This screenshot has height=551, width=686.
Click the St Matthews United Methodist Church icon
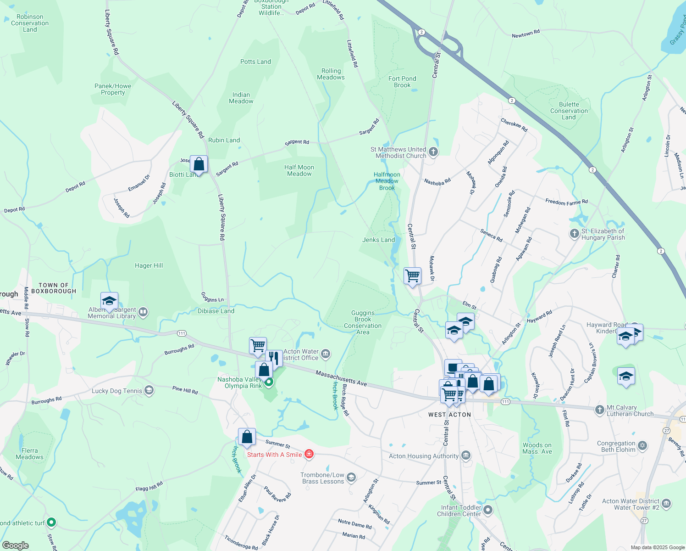pyautogui.click(x=433, y=152)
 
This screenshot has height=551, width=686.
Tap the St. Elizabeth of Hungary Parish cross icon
pyautogui.click(x=574, y=234)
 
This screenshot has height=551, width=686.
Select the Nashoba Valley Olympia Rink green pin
pyautogui.click(x=269, y=382)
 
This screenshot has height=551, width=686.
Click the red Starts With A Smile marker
pyautogui.click(x=309, y=454)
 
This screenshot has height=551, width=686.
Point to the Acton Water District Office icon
pyautogui.click(x=326, y=354)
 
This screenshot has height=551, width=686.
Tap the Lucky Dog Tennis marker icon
pyautogui.click(x=149, y=390)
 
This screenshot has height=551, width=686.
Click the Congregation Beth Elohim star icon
pyautogui.click(x=642, y=445)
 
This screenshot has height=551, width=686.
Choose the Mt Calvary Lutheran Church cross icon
pyautogui.click(x=599, y=410)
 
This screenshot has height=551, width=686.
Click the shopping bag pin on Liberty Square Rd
pyautogui.click(x=199, y=164)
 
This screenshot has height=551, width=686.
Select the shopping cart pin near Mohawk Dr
pyautogui.click(x=412, y=276)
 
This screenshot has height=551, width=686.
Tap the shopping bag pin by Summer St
pyautogui.click(x=247, y=437)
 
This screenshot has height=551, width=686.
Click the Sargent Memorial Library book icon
pyautogui.click(x=143, y=312)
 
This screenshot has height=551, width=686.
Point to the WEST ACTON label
pyautogui.click(x=449, y=415)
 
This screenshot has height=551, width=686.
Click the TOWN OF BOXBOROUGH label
pyautogui.click(x=54, y=288)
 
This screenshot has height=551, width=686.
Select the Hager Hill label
pyautogui.click(x=149, y=265)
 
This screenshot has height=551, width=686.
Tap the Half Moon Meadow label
pyautogui.click(x=299, y=170)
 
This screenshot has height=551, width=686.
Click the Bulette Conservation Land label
pyautogui.click(x=569, y=111)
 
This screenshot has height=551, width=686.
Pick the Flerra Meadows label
pyautogui.click(x=29, y=454)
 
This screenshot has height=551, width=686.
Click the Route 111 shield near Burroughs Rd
pyautogui.click(x=182, y=333)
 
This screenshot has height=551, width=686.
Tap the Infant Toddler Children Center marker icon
pyautogui.click(x=488, y=510)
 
